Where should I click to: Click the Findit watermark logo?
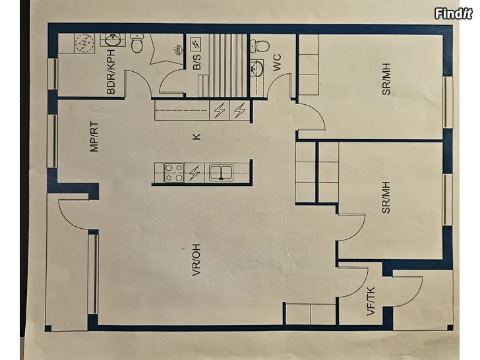point(454,14)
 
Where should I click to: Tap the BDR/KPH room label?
point(111,72)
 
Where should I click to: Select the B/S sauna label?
point(197,62)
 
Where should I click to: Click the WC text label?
point(277,63)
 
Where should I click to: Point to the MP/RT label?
point(94,137)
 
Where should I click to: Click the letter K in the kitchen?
point(196,136)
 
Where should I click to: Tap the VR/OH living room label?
point(196,260)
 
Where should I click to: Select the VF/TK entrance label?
point(371,301)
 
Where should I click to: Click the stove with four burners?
point(174,173)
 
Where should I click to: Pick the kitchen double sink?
point(221,172)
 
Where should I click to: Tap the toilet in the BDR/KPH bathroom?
point(137,43)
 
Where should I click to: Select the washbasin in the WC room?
point(256,69)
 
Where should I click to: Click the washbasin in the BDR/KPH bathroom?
point(113,40)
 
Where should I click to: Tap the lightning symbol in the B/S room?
point(196,44)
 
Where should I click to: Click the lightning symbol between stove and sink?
point(195,173)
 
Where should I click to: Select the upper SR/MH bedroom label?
point(386,79)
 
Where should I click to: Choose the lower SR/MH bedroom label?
point(386,197)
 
